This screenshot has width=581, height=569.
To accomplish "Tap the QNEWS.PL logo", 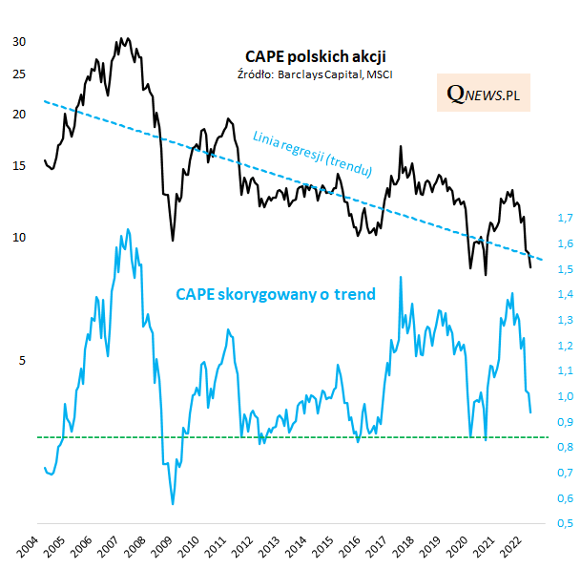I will pos(484,93).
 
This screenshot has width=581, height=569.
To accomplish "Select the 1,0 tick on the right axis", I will pos(564,396).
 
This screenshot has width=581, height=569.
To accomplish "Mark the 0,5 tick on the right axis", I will pos(564,523).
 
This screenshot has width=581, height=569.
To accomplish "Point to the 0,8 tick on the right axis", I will pos(564,447).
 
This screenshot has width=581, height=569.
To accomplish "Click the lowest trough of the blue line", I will pos(173,503).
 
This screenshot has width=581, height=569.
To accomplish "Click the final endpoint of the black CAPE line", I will pos(531,268).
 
